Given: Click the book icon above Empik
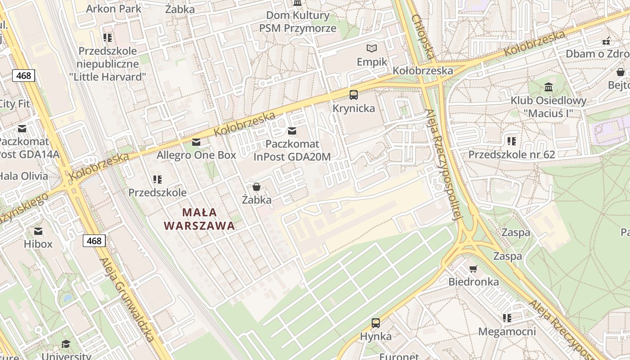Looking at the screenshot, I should [372, 48].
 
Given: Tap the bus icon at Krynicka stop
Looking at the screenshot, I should [354, 94].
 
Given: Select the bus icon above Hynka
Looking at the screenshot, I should [376, 323].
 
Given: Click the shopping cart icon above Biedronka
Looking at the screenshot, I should [473, 269].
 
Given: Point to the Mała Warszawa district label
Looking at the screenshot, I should [199, 219].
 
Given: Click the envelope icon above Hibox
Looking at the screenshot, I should [38, 231].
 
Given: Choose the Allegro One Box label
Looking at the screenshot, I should [196, 155].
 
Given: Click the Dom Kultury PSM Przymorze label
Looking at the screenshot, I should [297, 22].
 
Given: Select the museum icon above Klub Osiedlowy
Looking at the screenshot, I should [549, 87].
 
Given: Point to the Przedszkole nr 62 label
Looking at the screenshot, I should [512, 155].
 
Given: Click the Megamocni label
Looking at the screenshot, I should [507, 332].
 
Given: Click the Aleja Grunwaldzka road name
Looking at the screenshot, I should [127, 299].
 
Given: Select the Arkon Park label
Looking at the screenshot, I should [113, 9].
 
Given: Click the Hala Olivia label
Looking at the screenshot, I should [23, 175].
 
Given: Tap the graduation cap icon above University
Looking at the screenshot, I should [66, 344].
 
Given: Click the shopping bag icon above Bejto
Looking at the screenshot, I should [621, 72].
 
